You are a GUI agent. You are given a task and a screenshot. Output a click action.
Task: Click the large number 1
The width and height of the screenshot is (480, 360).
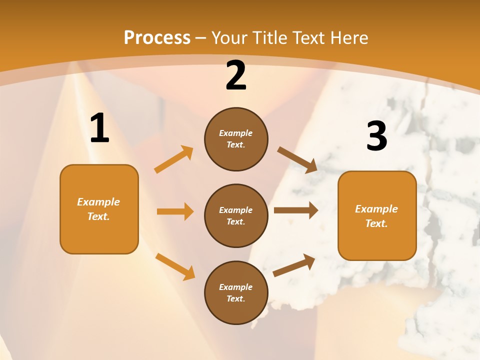tap(99, 129)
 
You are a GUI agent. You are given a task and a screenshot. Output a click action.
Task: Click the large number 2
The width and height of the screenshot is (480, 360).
tap(236, 76)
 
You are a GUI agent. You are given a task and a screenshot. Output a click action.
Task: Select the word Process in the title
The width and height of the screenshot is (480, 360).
tap(157, 37)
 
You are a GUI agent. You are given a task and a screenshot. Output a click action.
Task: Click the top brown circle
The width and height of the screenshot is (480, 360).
tap(236, 139)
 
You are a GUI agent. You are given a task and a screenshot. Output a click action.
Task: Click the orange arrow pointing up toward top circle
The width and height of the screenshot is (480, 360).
tap(174, 159)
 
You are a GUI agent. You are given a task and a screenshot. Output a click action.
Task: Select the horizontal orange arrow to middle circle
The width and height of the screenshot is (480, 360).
tap(175, 211)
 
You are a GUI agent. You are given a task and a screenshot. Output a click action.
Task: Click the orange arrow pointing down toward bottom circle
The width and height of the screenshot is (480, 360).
tap(175, 266)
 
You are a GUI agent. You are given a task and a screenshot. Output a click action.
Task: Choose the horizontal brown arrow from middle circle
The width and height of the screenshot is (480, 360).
tap(296, 210)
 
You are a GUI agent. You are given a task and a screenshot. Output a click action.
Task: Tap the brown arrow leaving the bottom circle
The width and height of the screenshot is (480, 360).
tap(294, 265)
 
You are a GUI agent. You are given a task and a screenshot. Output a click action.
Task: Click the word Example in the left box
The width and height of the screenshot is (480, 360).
tap(98, 202)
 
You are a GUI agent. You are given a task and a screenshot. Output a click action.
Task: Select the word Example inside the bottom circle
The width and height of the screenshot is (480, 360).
tap(235, 287)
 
